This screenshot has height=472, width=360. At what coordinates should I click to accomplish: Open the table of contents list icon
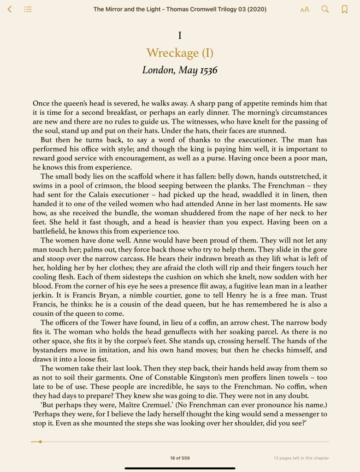tap(28, 9)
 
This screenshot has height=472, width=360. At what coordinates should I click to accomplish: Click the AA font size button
tap(305, 9)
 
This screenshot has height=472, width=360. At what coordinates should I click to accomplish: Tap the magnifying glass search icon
tap(325, 9)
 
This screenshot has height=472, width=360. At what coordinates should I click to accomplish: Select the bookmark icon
tap(344, 9)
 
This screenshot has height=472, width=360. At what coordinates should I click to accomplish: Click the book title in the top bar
tap(180, 9)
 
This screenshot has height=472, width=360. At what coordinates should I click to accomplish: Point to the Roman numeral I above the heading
tap(180, 35)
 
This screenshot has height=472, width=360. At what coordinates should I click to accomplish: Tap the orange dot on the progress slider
tap(41, 442)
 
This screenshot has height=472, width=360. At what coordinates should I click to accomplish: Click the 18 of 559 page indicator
tap(180, 458)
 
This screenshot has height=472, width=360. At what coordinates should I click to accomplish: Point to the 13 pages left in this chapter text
tap(301, 458)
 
